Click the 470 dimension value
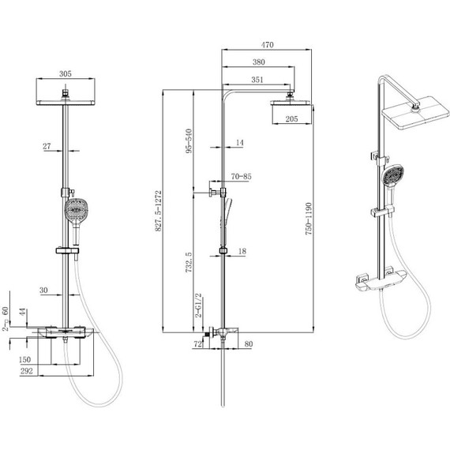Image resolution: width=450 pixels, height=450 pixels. pyautogui.click(x=267, y=45)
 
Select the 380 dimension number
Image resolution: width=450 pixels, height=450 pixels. pyautogui.click(x=259, y=62)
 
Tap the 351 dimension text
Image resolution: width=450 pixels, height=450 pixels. pyautogui.click(x=257, y=80)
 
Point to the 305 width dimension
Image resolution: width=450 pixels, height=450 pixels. pyautogui.click(x=66, y=74)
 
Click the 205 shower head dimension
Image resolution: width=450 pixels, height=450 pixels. pyautogui.click(x=291, y=118)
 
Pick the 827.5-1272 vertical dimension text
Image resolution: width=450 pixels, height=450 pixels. pyautogui.click(x=159, y=211)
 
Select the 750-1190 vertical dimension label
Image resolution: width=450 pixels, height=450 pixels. pyautogui.click(x=309, y=219)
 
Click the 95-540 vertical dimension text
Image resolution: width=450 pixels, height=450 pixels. pyautogui.click(x=189, y=141)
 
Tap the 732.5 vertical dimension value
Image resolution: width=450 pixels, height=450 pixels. pyautogui.click(x=189, y=262)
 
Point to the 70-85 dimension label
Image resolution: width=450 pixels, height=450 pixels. pyautogui.click(x=242, y=177)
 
